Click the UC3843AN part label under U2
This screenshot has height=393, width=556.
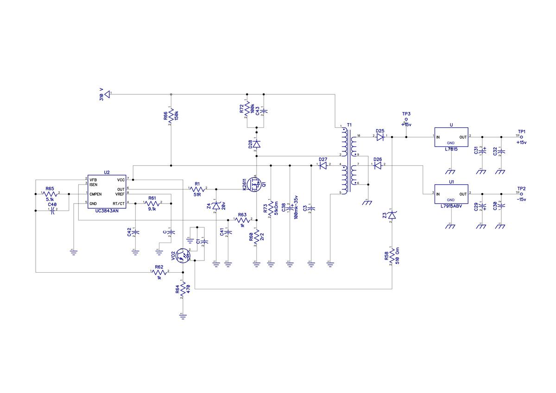pos(107,211)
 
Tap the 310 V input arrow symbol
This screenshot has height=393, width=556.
pos(107,94)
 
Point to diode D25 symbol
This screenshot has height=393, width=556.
pos(380,137)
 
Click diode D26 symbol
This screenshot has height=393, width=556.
pos(378,165)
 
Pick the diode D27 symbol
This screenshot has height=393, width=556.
pos(323,165)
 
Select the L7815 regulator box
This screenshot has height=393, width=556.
pos(451,137)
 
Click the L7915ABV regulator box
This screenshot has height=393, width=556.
pos(451,193)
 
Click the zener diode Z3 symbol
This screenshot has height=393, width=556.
pos(392,215)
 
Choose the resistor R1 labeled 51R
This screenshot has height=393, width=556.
pos(197,189)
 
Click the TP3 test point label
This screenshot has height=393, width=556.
pos(406,114)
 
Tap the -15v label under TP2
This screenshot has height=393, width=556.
pos(522,199)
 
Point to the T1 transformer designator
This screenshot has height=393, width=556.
pos(349,125)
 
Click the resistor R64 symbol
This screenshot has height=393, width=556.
pos(183,289)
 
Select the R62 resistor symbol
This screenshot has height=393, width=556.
pos(159,272)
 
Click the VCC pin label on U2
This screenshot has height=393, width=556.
pos(120,180)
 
